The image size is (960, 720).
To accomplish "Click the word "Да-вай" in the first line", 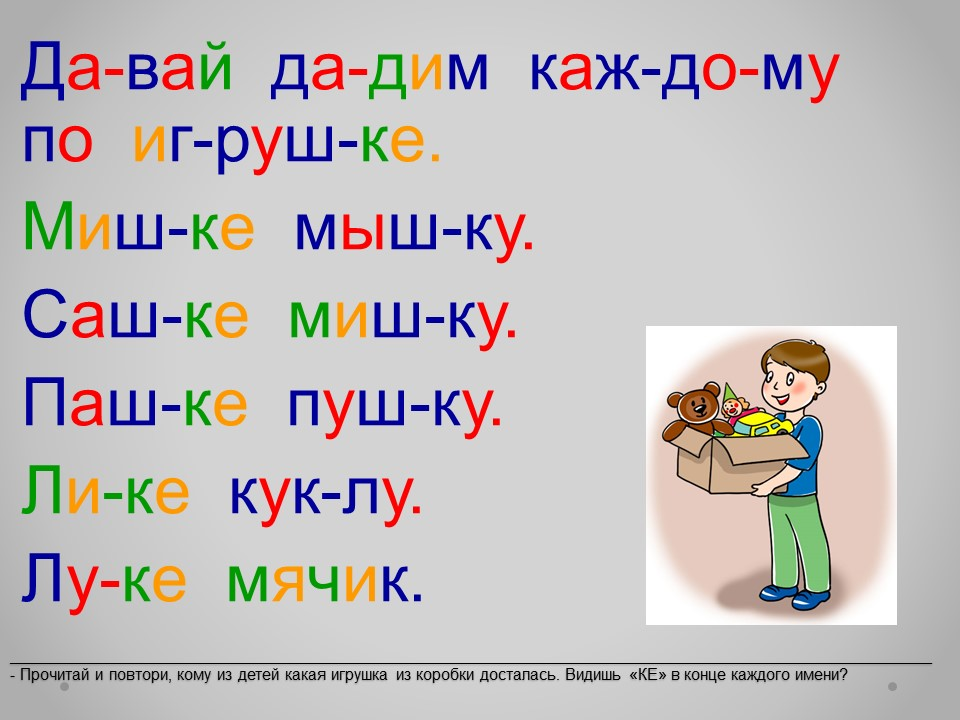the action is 127,70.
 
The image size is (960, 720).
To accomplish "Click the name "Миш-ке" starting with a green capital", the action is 138,226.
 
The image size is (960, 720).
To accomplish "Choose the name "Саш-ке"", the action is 136,315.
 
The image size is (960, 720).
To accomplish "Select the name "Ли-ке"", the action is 105,489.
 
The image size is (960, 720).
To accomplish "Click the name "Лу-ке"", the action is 103,579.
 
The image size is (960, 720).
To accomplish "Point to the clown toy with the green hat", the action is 734,404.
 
